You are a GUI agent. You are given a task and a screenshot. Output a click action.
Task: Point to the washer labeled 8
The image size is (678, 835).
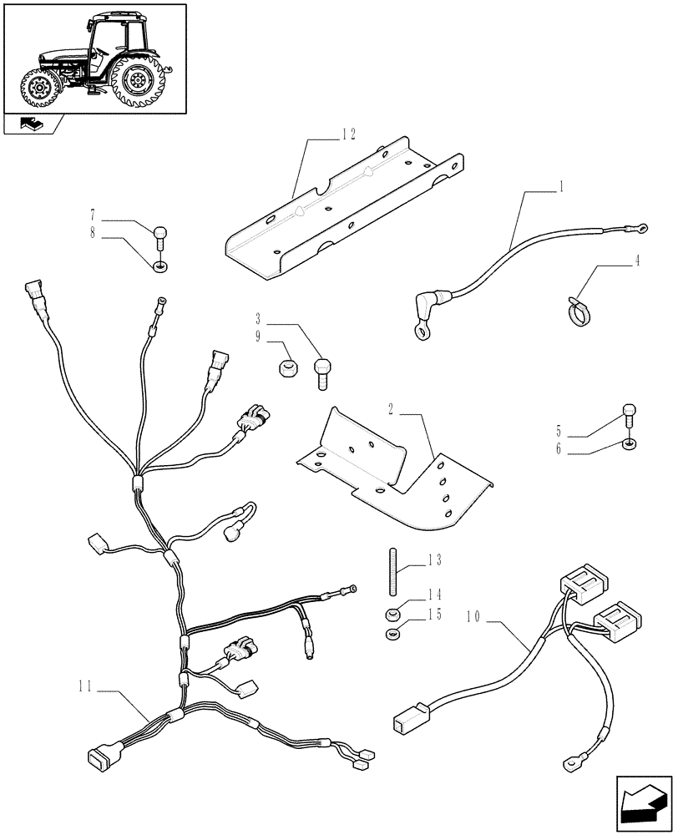159,266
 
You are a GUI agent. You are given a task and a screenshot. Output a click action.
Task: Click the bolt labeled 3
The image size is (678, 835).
323,372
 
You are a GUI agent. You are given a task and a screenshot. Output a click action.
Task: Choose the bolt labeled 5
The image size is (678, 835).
629,414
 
